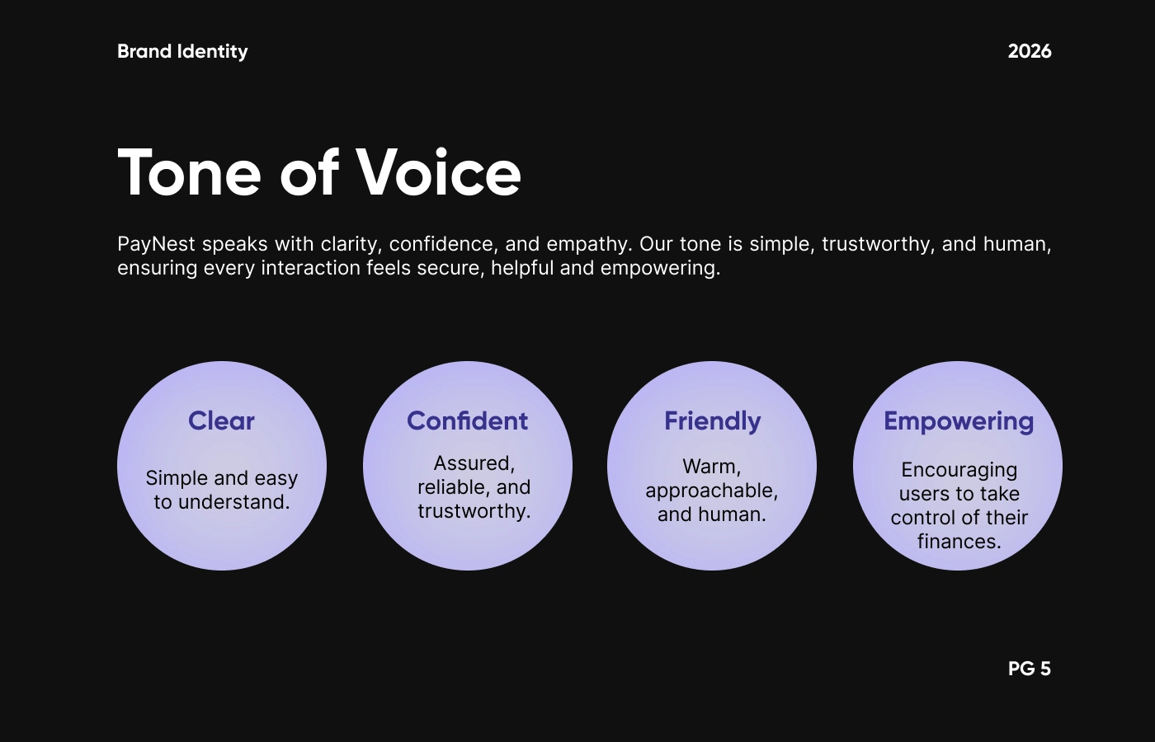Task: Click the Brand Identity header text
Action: [182, 51]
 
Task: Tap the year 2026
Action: [1030, 51]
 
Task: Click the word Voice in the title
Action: [438, 172]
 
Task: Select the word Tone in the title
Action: [189, 172]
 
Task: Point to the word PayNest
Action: [156, 244]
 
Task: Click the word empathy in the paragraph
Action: [589, 244]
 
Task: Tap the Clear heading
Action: [221, 421]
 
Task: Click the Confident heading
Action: [467, 421]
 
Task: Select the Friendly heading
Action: [712, 421]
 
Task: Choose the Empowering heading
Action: [959, 421]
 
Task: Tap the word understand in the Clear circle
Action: [234, 502]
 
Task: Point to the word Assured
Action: [474, 463]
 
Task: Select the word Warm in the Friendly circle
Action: [711, 467]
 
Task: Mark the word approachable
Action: [711, 491]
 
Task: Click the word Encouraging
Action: [959, 471]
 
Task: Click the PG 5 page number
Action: [1030, 669]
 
